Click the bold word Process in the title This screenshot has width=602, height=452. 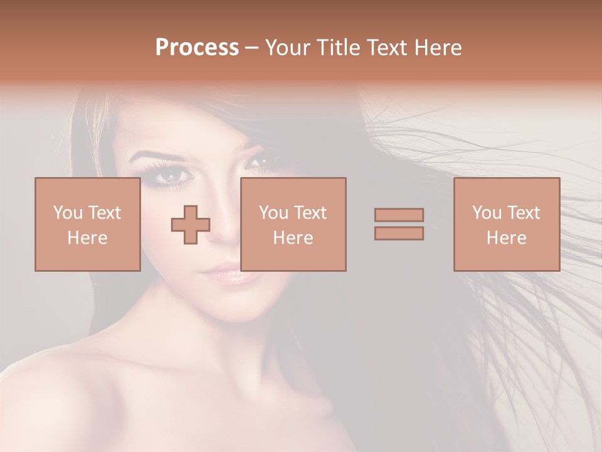[x=197, y=48]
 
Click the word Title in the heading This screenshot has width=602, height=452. [x=337, y=48]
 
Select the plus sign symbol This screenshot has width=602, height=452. [x=191, y=225]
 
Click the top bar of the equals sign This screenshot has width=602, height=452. [x=399, y=215]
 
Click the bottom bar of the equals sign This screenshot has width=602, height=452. [x=399, y=234]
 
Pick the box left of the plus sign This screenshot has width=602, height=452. [x=87, y=224]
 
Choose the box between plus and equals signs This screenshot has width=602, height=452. [x=293, y=224]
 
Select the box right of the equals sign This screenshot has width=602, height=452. [x=507, y=224]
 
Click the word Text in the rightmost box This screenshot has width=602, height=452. [x=524, y=213]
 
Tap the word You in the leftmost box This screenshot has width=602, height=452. [x=68, y=213]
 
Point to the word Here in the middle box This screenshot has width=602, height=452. [x=293, y=238]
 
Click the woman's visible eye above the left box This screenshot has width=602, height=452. [x=170, y=178]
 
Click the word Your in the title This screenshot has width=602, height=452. [x=288, y=48]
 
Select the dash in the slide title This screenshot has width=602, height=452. [x=252, y=48]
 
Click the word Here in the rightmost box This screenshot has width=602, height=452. [x=507, y=238]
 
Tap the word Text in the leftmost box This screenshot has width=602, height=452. [x=104, y=213]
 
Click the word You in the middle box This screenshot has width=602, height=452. [x=273, y=213]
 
